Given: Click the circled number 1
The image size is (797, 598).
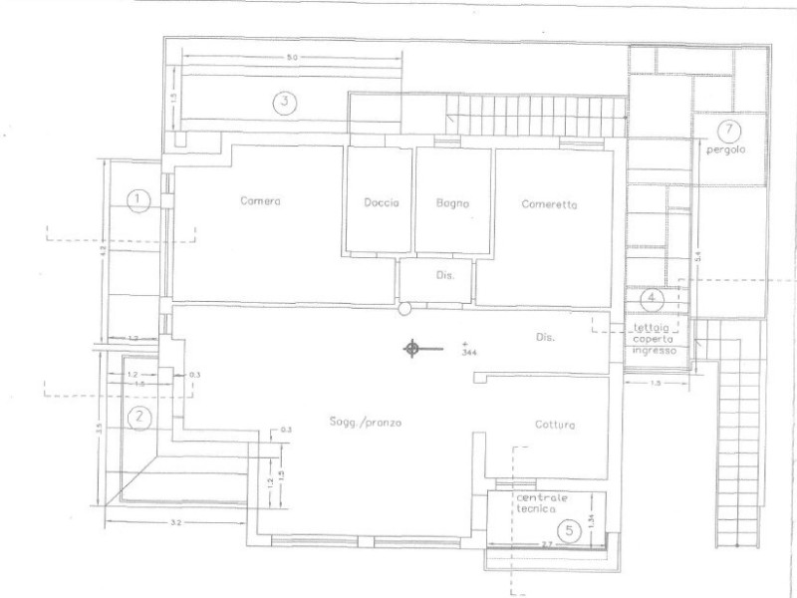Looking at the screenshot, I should tap(140, 199).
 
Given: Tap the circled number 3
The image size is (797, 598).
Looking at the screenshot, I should tap(284, 101).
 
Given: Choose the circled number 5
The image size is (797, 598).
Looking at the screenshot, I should tap(569, 530).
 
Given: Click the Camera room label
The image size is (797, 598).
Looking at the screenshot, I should tap(261, 201).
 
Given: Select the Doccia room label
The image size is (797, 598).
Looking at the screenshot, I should tap(381, 203).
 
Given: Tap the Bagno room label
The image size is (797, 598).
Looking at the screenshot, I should tap(451, 203).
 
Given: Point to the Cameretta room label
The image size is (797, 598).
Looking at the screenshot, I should tap(549, 203).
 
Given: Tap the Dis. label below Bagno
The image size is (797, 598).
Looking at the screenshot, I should tap(445, 276).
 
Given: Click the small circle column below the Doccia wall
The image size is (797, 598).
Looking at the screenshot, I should tap(403, 310).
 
